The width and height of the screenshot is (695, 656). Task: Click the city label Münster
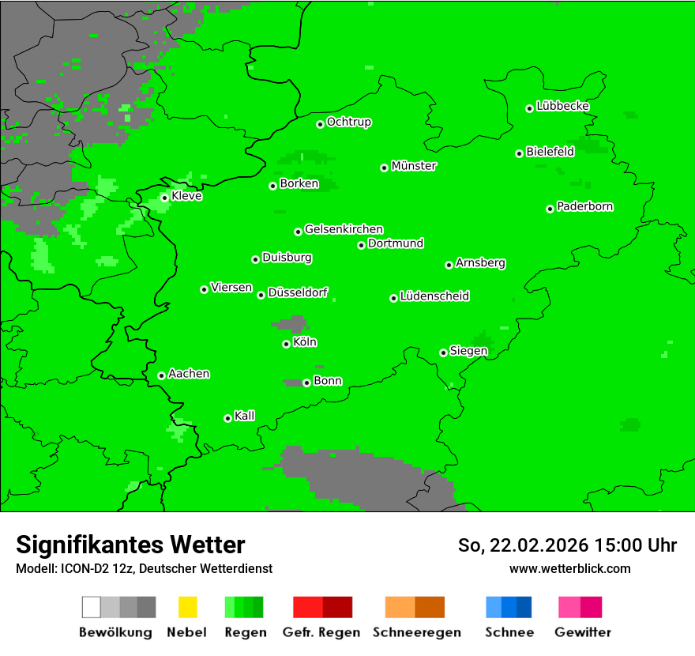point(414,166)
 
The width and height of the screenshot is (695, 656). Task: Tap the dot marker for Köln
point(287,344)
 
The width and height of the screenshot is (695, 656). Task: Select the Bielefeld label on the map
point(550,152)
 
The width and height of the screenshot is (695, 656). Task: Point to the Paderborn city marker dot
point(550,209)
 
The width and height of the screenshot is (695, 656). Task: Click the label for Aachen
point(189,374)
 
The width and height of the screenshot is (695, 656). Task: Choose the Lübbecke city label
point(562,106)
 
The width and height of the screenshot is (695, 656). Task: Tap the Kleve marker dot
point(165,198)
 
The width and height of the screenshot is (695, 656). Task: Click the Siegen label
point(468,351)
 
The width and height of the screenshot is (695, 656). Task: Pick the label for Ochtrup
point(349,123)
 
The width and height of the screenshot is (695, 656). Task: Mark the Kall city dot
point(228,418)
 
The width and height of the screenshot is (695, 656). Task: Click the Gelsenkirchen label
point(344,229)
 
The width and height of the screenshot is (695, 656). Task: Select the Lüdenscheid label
point(434,296)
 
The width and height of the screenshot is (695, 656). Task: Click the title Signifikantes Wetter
point(130,545)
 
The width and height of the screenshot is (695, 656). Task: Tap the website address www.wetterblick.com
point(569,568)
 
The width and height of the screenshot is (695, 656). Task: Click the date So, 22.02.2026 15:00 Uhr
point(567,545)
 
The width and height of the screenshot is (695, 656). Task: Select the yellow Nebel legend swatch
point(187,607)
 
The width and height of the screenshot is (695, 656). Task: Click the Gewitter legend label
point(582,632)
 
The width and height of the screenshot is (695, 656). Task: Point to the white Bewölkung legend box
point(92,607)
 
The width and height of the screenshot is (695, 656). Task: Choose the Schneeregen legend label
point(416,632)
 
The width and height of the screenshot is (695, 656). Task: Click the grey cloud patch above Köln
point(291,324)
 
